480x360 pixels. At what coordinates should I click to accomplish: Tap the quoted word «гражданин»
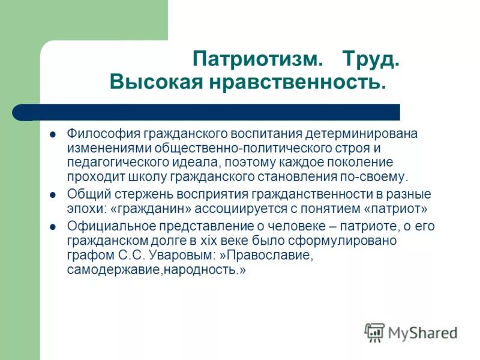tap(140, 209)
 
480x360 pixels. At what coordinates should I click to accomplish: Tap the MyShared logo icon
tap(375, 331)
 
